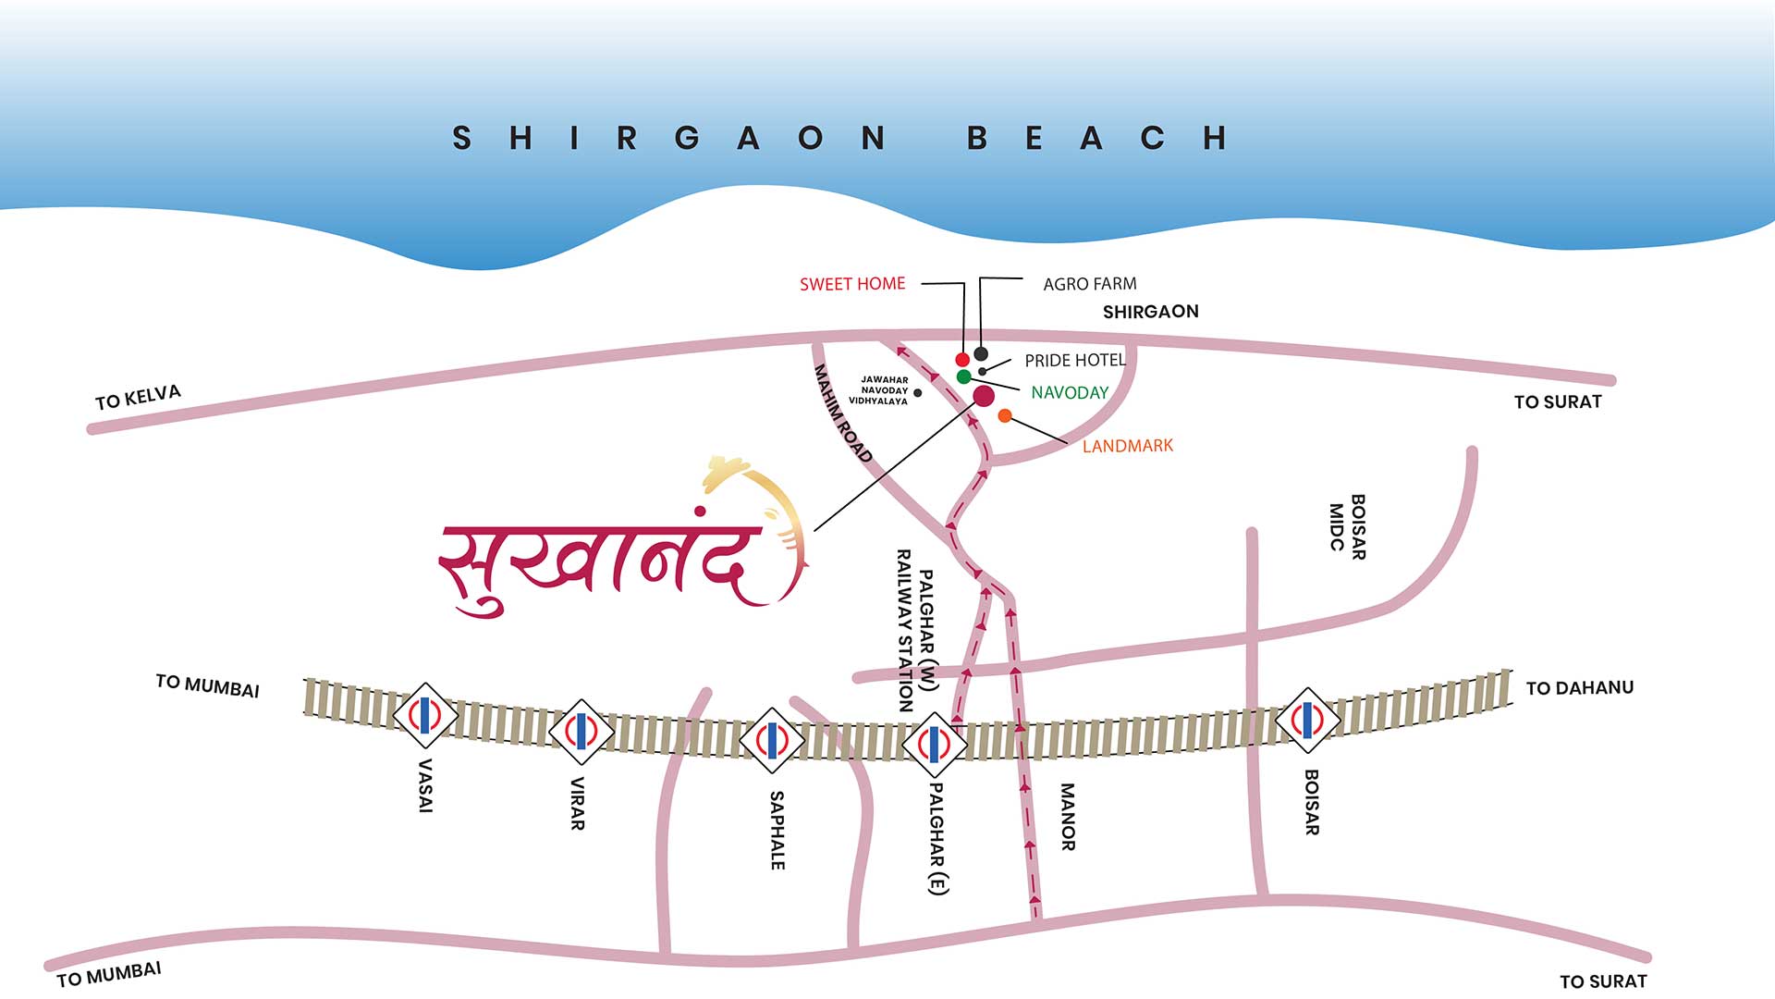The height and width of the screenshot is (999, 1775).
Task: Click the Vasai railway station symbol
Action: point(425,716)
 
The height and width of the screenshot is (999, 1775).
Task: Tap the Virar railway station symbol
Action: point(581,731)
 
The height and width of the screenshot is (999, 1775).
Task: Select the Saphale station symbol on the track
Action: point(772,740)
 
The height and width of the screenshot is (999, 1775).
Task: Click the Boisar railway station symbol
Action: point(1308,720)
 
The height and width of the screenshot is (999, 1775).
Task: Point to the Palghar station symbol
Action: point(934,744)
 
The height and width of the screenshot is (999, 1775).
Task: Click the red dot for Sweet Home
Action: point(962,359)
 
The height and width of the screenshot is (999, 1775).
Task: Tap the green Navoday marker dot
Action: point(963,376)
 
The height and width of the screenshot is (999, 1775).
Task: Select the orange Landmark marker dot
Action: point(1005,416)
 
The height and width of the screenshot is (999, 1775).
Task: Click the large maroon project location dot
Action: point(984,396)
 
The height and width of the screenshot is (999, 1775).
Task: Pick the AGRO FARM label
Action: point(1089,284)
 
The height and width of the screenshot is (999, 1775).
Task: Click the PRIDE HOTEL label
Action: point(1074,360)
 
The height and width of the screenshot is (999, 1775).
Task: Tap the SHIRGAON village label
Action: point(1150,312)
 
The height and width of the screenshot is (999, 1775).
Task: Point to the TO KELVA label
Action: point(138,397)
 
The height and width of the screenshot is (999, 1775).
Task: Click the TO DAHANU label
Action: point(1579,687)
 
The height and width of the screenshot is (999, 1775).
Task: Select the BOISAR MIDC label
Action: point(1347,526)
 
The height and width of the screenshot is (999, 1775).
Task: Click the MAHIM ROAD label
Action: point(842,413)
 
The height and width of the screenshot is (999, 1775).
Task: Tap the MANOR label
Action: point(1067,816)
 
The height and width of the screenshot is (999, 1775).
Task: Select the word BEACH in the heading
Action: point(1097,139)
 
